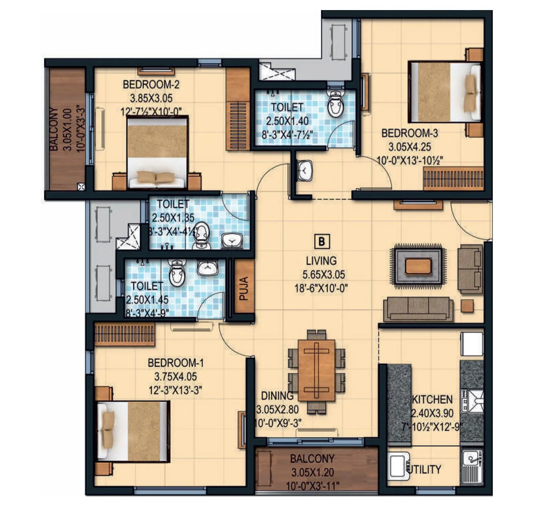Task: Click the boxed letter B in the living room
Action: [322, 242]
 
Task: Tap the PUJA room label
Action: [244, 288]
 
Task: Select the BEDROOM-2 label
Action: [151, 84]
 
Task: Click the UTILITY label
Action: [424, 469]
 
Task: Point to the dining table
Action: [316, 370]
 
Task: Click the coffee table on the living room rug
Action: [418, 266]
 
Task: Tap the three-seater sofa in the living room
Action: [418, 309]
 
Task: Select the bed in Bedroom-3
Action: [444, 92]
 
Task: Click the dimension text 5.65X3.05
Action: [323, 275]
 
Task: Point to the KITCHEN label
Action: [432, 399]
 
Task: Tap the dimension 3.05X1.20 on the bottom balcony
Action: [312, 472]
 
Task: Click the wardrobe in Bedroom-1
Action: [124, 334]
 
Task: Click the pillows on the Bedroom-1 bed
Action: [108, 430]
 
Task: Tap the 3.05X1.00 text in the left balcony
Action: [67, 129]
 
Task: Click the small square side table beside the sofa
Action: [467, 306]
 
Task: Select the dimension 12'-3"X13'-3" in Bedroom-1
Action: [175, 390]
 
